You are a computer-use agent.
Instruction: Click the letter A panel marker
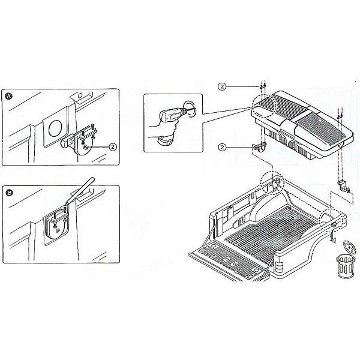click(9, 96)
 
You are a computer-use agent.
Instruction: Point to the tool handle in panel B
click(80, 191)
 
